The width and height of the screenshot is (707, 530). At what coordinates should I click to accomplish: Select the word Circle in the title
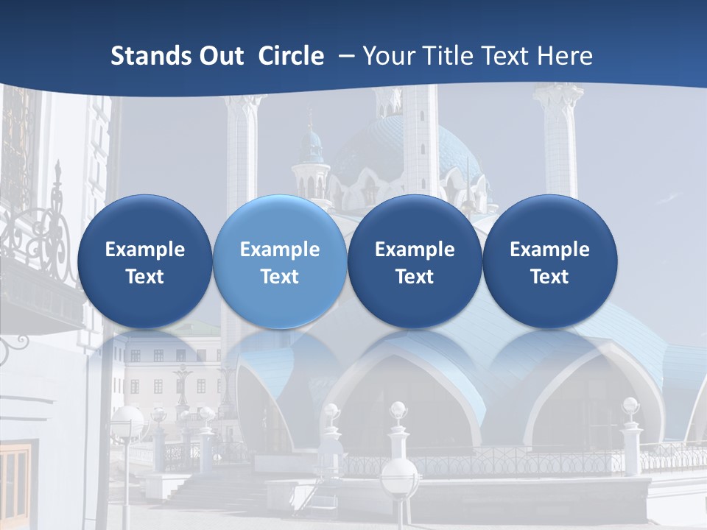pos(291,56)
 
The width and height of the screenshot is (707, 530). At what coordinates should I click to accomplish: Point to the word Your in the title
pos(388,56)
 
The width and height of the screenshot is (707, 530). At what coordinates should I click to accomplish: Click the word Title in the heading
pos(449,56)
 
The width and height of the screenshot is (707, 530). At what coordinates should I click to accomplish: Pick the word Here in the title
pos(565,56)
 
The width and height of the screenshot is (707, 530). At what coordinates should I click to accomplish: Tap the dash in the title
pos(345,56)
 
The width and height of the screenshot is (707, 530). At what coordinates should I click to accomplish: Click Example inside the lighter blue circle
pos(280,250)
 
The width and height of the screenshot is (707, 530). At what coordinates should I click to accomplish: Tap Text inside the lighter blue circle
pos(280,277)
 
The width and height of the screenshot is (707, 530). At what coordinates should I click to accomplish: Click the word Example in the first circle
pos(145,250)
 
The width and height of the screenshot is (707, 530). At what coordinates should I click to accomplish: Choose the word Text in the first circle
pos(145,277)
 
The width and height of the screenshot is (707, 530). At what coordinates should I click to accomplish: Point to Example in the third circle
pos(415,250)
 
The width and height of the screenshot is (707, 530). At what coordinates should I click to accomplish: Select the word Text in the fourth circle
pos(550,277)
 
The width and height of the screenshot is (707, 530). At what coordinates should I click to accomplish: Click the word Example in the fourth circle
pos(550,250)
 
